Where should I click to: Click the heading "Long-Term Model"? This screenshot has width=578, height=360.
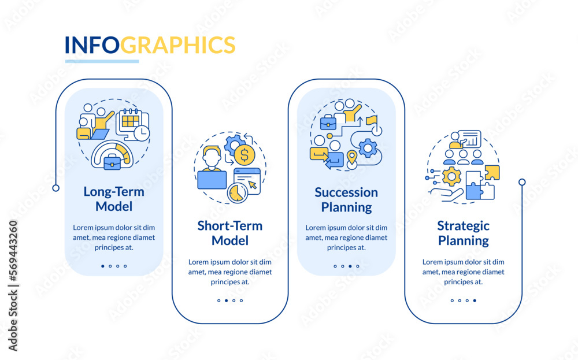point(114,198)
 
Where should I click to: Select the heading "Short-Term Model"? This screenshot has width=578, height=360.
point(229,233)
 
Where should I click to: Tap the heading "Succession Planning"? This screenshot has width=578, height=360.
point(346,199)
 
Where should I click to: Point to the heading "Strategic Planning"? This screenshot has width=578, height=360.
point(463,233)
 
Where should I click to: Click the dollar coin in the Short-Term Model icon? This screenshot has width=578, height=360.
point(244,155)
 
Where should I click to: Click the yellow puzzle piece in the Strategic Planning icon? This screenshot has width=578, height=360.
point(492,172)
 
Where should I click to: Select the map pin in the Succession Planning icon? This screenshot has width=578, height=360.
point(351,157)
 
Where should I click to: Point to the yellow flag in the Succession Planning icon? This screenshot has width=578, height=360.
point(371,121)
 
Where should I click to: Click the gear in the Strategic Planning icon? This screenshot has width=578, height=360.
point(451,176)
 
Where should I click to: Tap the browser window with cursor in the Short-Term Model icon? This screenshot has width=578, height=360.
point(247,180)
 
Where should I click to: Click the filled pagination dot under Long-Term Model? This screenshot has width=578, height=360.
point(103,266)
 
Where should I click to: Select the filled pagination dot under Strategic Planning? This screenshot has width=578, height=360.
point(475,300)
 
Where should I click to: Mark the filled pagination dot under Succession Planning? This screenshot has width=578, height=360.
point(350,266)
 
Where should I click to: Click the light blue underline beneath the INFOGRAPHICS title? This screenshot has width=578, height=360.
point(102,61)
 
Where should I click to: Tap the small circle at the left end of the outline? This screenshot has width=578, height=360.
point(55,188)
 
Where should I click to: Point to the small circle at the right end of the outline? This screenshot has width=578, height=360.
point(522,182)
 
